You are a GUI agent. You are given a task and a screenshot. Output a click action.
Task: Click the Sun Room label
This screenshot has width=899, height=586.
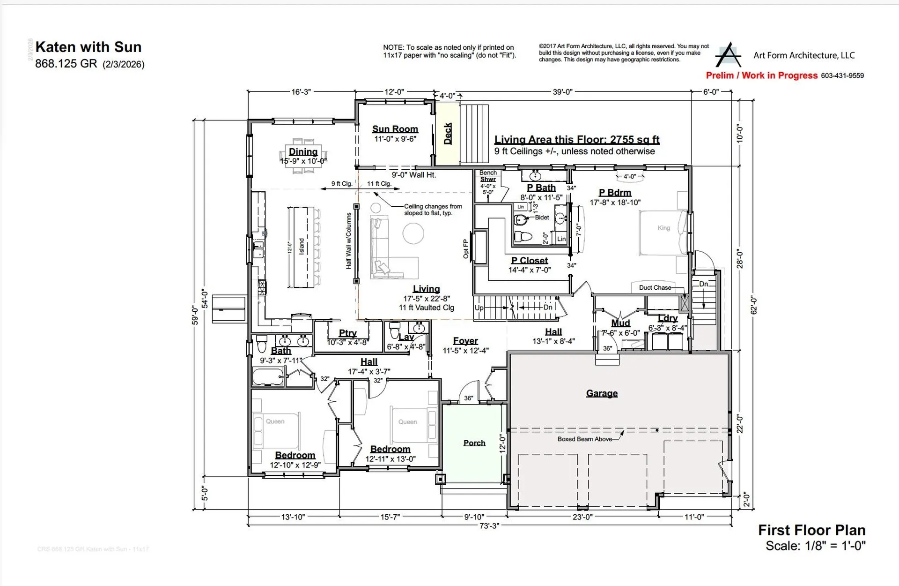(x=395, y=129)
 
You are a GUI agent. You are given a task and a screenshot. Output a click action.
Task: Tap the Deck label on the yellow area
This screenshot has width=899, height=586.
(x=448, y=134)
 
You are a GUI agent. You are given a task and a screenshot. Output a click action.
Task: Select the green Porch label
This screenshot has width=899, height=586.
(x=474, y=443)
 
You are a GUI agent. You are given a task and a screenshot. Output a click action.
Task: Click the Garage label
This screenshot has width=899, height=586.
(x=602, y=393)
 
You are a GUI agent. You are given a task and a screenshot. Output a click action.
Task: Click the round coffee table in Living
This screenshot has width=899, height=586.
(x=413, y=233)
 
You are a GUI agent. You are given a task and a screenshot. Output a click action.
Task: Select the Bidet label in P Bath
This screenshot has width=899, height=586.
(x=542, y=218)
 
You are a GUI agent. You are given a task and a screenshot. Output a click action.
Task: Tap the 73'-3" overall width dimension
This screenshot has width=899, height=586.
(x=489, y=526)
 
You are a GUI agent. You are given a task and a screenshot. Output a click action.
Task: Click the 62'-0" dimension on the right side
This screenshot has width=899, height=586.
(x=753, y=305)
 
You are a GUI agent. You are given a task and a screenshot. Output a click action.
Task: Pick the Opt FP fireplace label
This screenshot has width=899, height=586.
(x=466, y=249)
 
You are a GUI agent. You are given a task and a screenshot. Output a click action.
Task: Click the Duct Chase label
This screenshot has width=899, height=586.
(x=655, y=287)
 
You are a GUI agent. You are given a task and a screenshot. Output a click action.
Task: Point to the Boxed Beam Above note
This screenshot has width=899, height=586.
(x=584, y=439)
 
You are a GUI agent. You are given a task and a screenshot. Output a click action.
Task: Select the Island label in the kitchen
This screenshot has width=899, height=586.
(x=302, y=247)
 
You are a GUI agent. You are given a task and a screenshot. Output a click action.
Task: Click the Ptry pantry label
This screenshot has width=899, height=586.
(x=347, y=333)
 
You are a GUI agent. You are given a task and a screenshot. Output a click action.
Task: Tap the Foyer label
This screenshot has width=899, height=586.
(x=465, y=341)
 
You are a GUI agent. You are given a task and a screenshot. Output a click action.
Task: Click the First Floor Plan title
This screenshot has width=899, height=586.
(x=811, y=530)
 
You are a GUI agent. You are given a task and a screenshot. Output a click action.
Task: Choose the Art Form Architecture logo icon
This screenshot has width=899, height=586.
(x=728, y=55)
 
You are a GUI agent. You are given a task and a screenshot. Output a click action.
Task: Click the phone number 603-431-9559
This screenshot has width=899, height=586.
(x=842, y=75)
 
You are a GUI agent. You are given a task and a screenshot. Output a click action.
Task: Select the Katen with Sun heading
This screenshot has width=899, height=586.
(x=88, y=47)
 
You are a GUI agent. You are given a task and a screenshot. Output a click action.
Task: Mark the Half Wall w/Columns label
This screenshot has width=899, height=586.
(x=349, y=241)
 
